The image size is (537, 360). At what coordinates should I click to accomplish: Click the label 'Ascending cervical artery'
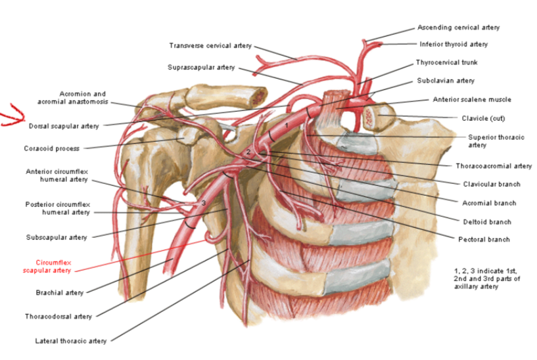pyautogui.click(x=458, y=28)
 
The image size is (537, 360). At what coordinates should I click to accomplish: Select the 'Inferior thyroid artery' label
pyautogui.click(x=454, y=44)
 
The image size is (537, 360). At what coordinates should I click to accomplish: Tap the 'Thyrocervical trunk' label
pyautogui.click(x=446, y=62)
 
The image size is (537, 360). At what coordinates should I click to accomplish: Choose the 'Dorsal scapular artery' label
pyautogui.click(x=64, y=125)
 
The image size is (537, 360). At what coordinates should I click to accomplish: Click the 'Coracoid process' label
pyautogui.click(x=52, y=148)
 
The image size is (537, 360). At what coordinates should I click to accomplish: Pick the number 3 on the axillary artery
pyautogui.click(x=204, y=203)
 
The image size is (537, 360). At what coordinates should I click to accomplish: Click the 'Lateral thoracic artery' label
pyautogui.click(x=70, y=341)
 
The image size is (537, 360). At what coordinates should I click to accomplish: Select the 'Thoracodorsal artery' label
pyautogui.click(x=58, y=316)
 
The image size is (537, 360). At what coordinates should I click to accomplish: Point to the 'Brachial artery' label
pyautogui.click(x=59, y=292)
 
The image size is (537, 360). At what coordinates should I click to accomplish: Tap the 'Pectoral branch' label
pyautogui.click(x=483, y=239)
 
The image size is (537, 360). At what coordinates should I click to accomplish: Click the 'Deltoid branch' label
pyautogui.click(x=486, y=221)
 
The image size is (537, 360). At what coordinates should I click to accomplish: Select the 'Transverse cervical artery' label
pyautogui.click(x=210, y=46)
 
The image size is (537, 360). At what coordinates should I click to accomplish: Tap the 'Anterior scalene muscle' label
pyautogui.click(x=471, y=99)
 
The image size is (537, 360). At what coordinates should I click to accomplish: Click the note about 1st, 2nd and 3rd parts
pyautogui.click(x=486, y=278)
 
